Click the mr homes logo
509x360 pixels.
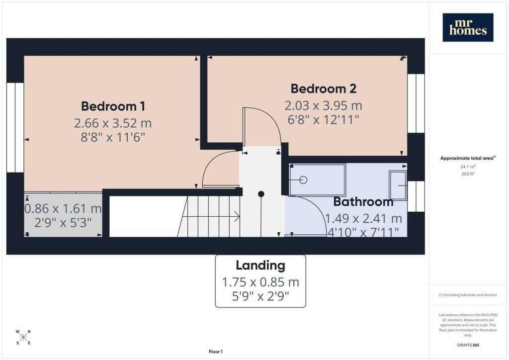(468, 27)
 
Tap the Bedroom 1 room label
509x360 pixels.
(113, 106)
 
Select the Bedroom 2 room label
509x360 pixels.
(323, 89)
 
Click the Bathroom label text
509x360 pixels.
(363, 201)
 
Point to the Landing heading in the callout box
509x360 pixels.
(260, 265)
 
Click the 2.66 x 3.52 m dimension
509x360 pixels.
(113, 123)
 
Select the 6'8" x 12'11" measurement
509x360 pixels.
(323, 120)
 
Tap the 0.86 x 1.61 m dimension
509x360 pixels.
(63, 208)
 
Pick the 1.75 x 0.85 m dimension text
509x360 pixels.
(260, 282)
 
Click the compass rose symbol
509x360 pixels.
(23, 337)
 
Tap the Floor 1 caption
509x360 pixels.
(216, 352)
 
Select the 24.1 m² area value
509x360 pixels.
(468, 167)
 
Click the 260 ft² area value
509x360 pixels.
(468, 174)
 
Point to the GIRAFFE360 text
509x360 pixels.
(468, 345)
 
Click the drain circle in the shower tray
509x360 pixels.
(303, 180)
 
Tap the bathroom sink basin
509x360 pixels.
(398, 185)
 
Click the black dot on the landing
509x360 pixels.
(261, 194)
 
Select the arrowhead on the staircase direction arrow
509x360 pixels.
(237, 216)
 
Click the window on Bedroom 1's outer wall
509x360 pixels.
(15, 128)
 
